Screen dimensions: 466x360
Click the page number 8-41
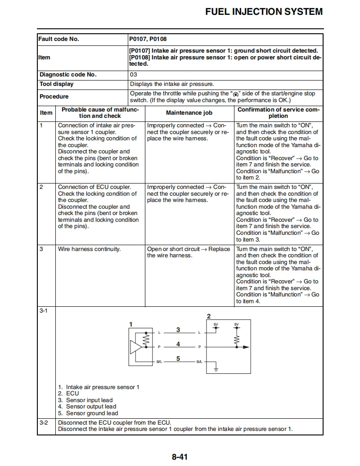pos(179,457)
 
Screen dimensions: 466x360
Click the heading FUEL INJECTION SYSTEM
pos(264,12)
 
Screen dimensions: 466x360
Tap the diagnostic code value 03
pos(133,75)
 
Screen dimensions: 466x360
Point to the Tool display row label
pos(56,84)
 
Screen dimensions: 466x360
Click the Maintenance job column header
pos(189,113)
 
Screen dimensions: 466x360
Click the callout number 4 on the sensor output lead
pos(178,344)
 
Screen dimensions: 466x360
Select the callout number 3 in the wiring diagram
pos(178,330)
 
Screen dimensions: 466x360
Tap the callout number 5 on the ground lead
pos(178,358)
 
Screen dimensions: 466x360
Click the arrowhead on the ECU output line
pos(246,347)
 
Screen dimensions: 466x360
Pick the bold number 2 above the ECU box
pos(208,316)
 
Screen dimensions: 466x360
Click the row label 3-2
pos(44,423)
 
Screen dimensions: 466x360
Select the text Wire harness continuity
pos(89,249)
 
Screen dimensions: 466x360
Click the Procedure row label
pos(54,97)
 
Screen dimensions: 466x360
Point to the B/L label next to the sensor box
pos(159,362)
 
